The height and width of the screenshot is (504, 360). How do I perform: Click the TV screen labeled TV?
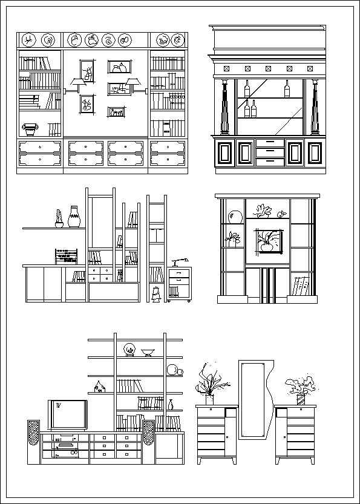(x=67, y=414)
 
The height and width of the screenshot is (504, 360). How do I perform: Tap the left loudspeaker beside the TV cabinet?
(x=34, y=442)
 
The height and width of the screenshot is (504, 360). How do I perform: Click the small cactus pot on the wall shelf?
(x=59, y=219)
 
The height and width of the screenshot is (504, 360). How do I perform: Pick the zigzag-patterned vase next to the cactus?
(x=74, y=217)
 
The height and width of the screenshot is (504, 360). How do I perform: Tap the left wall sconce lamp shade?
(x=75, y=82)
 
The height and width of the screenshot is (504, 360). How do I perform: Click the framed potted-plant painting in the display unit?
(x=267, y=240)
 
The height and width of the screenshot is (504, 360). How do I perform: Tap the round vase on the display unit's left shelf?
(x=235, y=217)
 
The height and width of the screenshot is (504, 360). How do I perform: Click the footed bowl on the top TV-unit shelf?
(x=148, y=352)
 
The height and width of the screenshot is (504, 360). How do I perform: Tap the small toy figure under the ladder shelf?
(x=155, y=294)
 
